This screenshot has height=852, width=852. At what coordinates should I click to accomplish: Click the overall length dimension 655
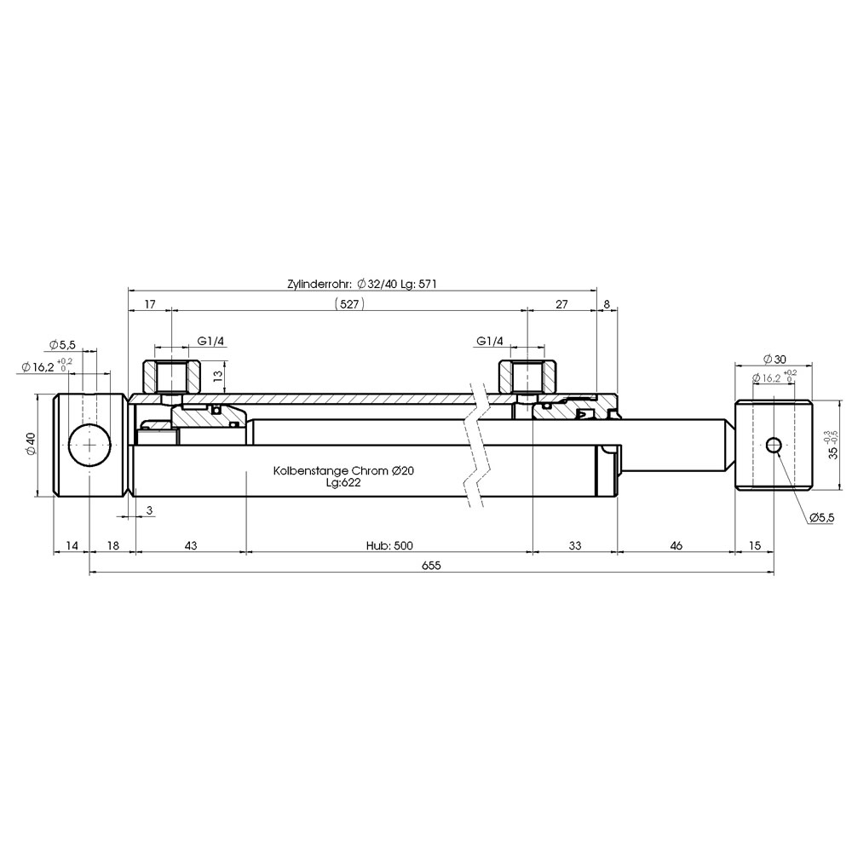pos(431,566)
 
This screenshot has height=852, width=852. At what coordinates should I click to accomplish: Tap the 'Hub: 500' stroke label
pos(389,545)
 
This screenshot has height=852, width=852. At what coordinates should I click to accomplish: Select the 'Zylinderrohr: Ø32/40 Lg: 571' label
pos(362,284)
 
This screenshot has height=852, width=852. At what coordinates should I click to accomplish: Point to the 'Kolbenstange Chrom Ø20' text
pos(343,470)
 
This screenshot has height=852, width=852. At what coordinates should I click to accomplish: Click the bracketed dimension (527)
pos(348,304)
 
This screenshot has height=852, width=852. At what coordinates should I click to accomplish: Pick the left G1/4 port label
pos(210,342)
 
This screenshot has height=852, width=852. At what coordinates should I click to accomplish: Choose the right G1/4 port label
pos(490,342)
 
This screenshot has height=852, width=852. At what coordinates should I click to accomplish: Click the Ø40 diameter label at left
pos(31,444)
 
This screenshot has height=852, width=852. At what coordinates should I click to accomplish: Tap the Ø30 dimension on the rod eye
pos(774,360)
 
